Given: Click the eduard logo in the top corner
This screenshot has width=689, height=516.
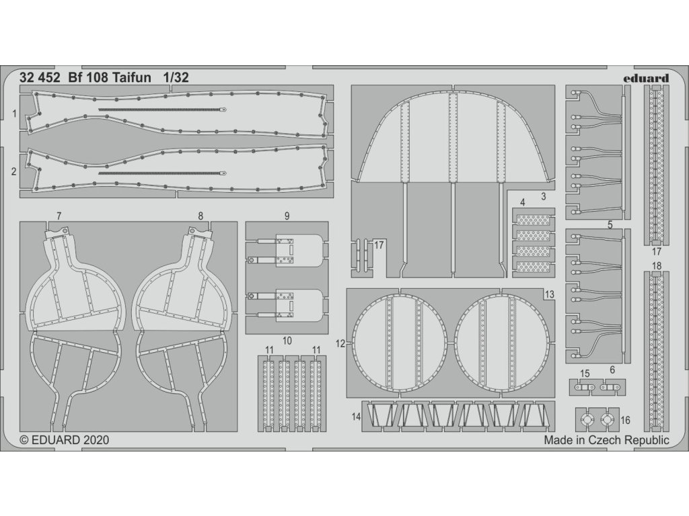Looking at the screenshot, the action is [645, 78].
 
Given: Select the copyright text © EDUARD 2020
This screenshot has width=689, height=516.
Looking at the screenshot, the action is [65, 441].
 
